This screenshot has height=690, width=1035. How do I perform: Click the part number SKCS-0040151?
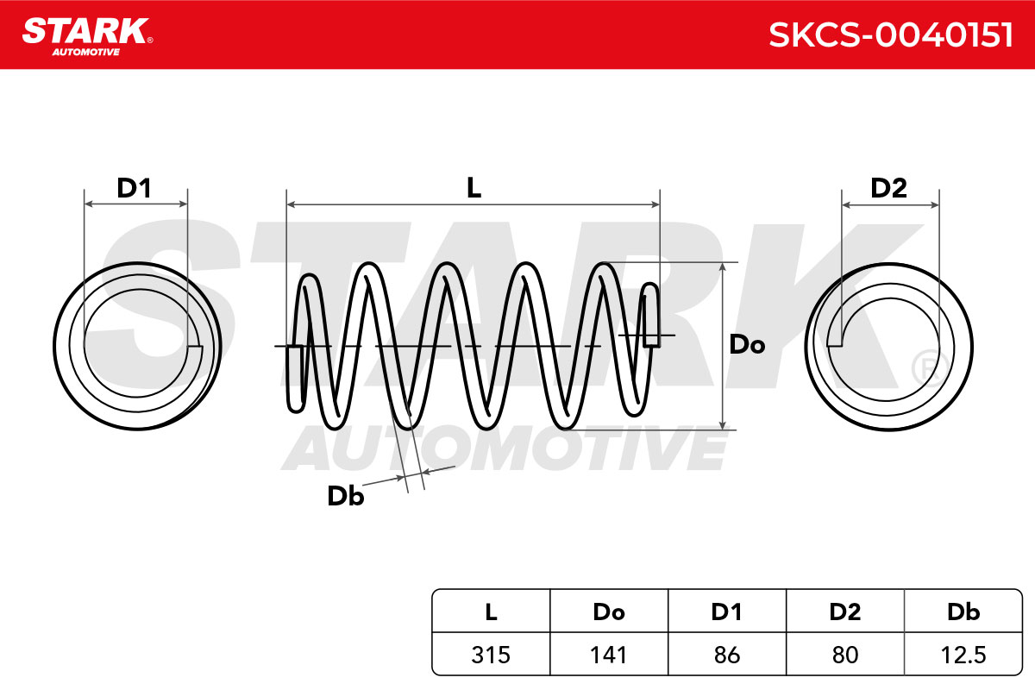point(891,35)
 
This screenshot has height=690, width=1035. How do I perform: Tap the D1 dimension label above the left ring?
point(134,188)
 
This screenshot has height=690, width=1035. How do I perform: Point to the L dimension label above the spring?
point(474,188)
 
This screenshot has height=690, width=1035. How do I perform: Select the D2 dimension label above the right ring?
point(888,188)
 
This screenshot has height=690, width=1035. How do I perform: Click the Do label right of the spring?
point(747,345)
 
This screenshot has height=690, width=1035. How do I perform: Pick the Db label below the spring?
point(346,496)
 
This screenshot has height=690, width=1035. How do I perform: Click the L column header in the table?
point(491,612)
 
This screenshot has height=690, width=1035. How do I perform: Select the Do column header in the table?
point(609,612)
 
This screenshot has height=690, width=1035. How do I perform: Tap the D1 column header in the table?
point(727,612)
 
